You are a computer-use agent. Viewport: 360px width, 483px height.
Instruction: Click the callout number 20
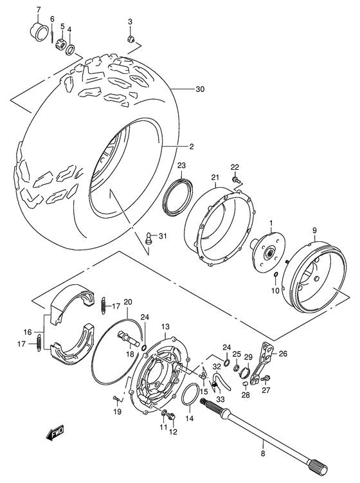[128, 302]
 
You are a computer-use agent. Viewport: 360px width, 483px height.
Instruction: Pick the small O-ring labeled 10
[276, 277]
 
